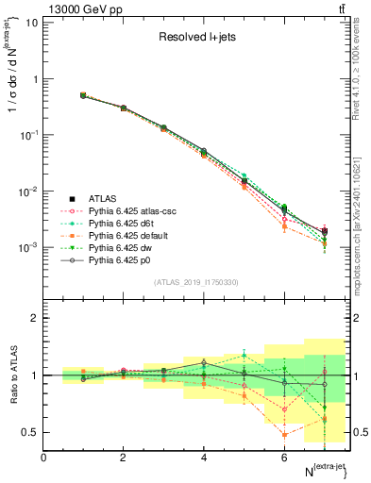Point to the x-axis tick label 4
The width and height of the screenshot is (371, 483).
[x=204, y=457]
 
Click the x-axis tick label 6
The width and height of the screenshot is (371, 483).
[x=284, y=457]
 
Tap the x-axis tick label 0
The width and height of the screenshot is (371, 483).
[x=43, y=457]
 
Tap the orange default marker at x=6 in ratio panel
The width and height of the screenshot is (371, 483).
[x=284, y=435]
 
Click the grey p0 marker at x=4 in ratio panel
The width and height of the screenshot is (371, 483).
[x=204, y=362]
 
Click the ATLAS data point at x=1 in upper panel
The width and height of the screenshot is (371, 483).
[x=83, y=95]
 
